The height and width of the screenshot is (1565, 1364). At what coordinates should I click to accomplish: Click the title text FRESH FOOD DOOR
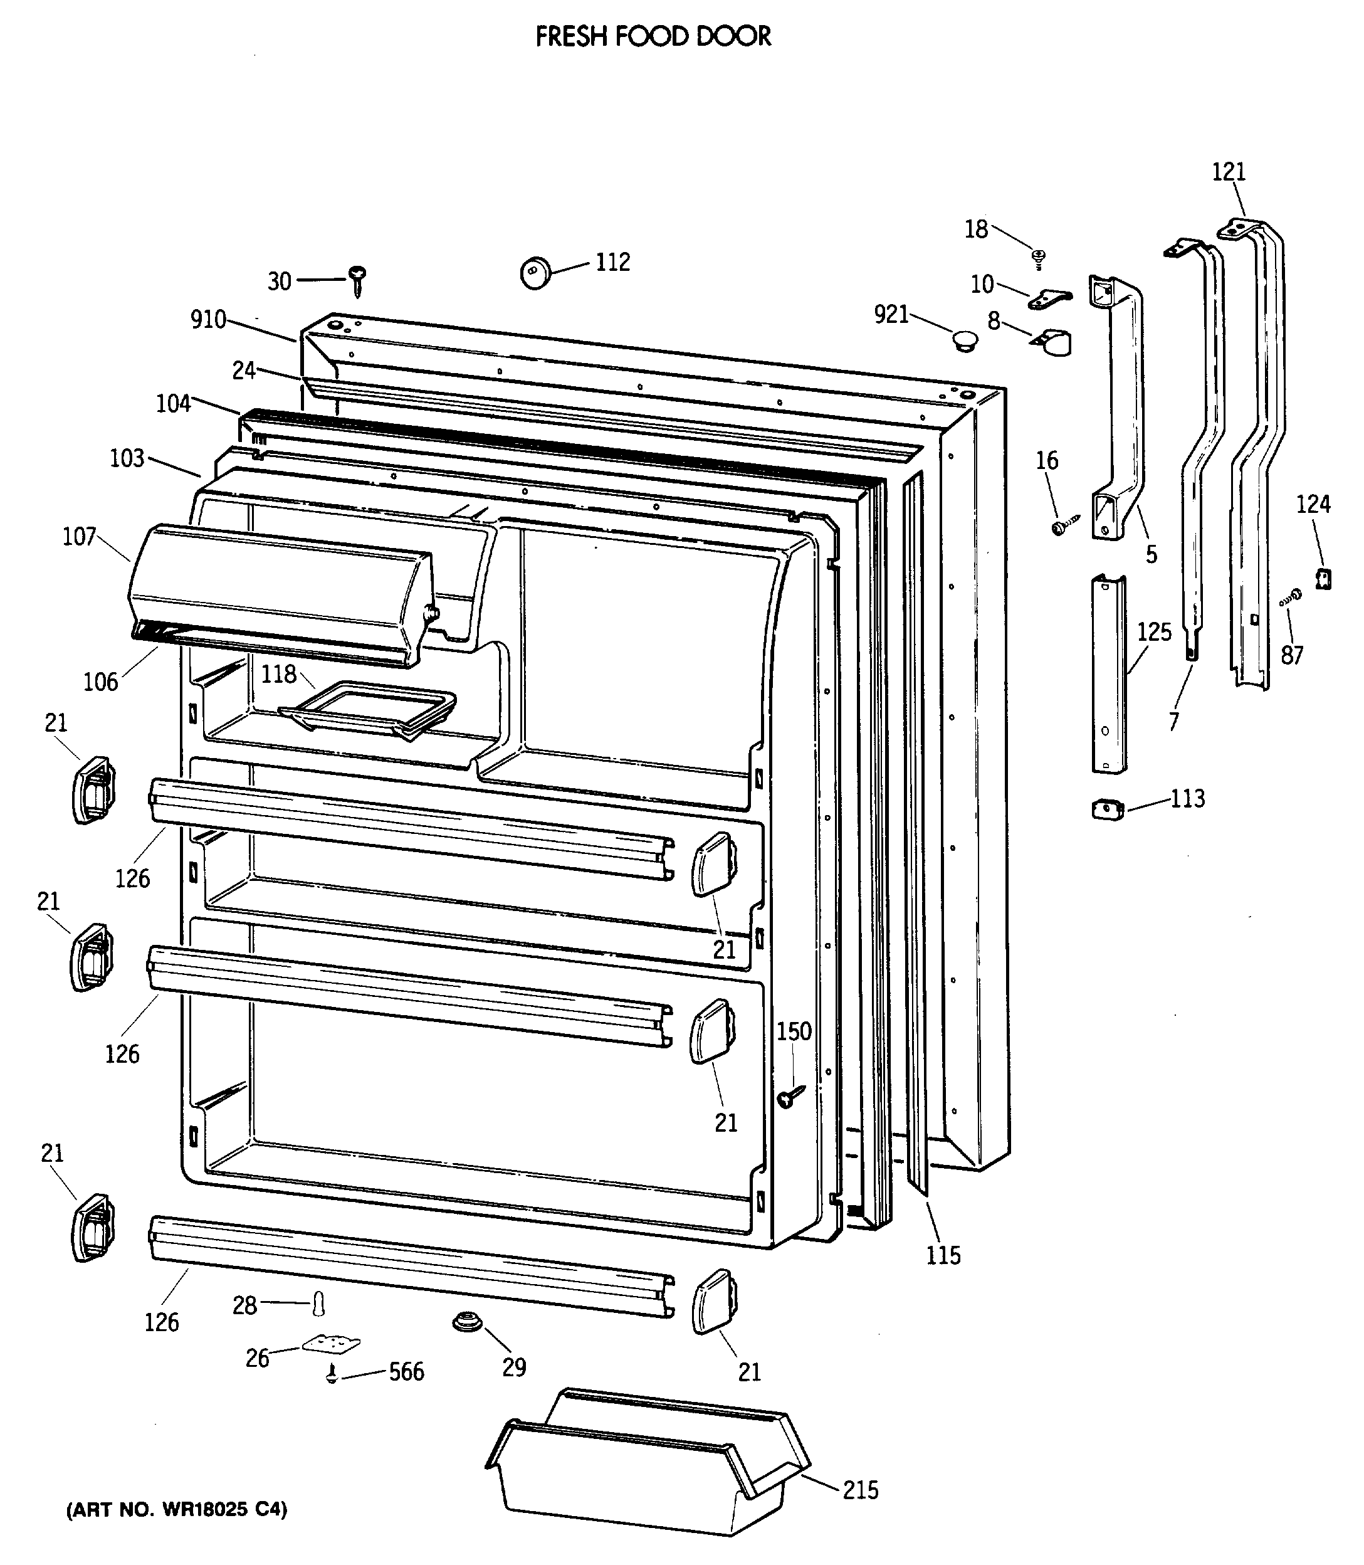pos(653,36)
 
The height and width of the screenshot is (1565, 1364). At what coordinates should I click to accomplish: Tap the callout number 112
pos(613,263)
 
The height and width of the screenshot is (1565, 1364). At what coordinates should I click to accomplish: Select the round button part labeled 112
pos(535,273)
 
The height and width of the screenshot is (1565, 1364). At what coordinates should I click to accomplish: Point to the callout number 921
pos(891,314)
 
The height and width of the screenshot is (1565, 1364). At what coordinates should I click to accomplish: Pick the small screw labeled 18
pos(1038,258)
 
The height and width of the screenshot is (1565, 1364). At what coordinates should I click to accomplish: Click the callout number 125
pos(1154,632)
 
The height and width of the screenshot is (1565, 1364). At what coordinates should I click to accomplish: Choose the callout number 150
pos(794,1031)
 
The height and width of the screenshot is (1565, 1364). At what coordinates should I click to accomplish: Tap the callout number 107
pos(79,537)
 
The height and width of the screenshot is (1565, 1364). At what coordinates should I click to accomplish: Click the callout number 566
pos(406,1372)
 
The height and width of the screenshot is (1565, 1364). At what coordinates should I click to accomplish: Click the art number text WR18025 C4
pos(177,1509)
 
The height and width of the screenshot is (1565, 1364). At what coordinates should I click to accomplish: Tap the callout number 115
pos(943,1255)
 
